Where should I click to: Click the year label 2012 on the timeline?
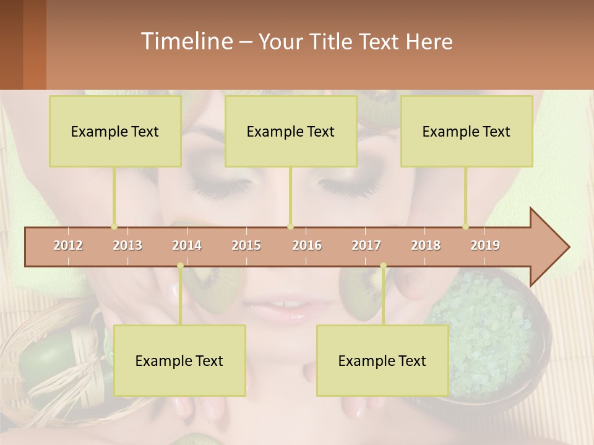[x=68, y=245]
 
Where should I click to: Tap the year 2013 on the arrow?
[x=127, y=245]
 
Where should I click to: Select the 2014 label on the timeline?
[x=187, y=245]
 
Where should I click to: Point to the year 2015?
[x=246, y=245]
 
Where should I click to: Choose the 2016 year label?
[x=307, y=245]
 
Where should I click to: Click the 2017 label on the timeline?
[x=366, y=245]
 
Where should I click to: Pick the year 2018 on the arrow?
[x=426, y=245]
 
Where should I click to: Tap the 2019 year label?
[x=485, y=245]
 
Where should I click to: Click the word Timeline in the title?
[x=186, y=41]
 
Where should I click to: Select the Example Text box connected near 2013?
[x=115, y=131]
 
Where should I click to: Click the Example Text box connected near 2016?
[x=291, y=131]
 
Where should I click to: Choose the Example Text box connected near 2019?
[x=467, y=131]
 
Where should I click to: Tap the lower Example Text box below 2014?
[x=179, y=360]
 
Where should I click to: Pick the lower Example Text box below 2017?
[x=382, y=360]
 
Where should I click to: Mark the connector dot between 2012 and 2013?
[x=114, y=226]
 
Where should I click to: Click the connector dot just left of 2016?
[x=291, y=226]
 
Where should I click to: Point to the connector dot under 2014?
[x=180, y=266]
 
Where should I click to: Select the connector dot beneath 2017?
[x=383, y=266]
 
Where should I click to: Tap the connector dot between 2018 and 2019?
[x=466, y=226]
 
